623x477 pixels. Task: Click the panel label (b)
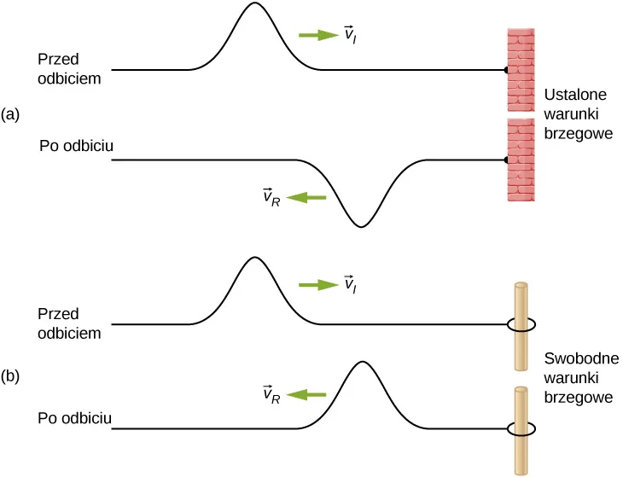click(11, 375)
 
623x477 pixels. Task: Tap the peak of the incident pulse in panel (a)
click(253, 5)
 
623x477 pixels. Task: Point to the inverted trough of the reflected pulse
click(362, 225)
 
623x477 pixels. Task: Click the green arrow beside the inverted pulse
click(306, 198)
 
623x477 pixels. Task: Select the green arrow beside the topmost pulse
click(318, 35)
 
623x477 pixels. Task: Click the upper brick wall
click(521, 70)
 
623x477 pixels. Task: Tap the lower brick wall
click(521, 160)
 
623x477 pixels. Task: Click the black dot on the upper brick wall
click(507, 70)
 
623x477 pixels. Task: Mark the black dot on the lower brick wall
click(507, 160)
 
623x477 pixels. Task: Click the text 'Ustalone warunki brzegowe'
click(578, 113)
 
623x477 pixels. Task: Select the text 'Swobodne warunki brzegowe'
click(579, 377)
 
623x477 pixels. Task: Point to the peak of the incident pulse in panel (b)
click(253, 259)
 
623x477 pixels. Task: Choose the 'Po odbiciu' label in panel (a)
click(77, 146)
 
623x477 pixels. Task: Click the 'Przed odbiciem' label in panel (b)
click(70, 323)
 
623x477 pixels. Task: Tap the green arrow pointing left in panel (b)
click(306, 394)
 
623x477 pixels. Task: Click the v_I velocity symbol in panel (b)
click(349, 284)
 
